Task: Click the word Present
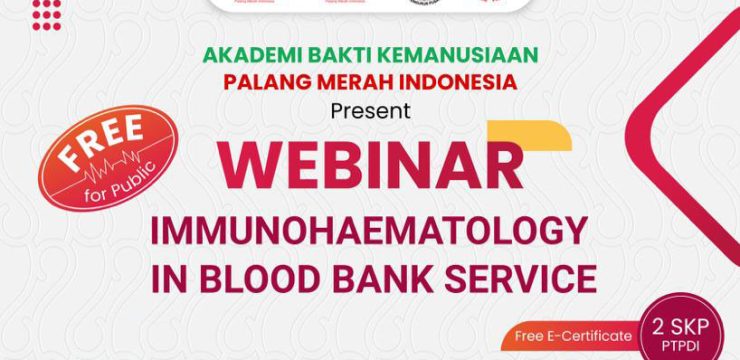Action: point(369,110)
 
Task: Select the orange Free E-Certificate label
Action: point(570,335)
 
